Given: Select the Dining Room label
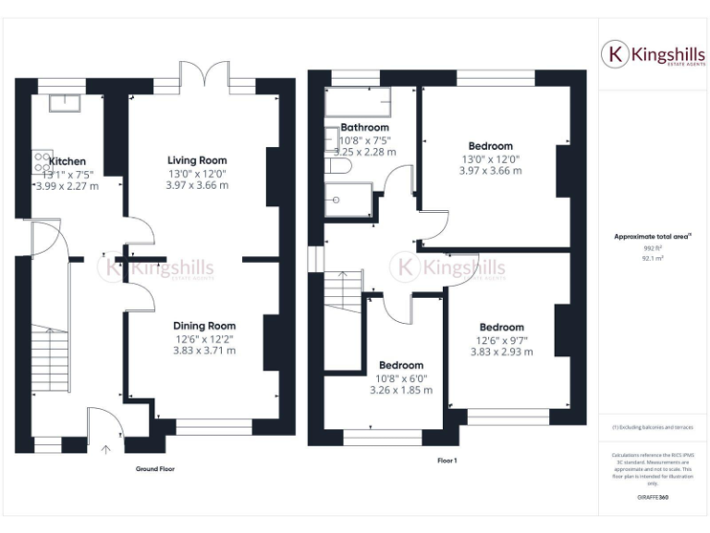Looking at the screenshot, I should (204, 326).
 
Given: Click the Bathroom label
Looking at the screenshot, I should (364, 128).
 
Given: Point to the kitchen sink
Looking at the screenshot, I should (65, 102).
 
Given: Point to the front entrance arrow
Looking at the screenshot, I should (105, 451).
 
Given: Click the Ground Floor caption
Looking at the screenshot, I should (154, 469).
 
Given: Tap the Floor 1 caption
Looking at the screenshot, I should (447, 460).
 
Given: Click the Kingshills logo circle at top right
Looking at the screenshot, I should (616, 54).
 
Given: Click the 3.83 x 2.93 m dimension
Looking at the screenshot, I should (501, 352).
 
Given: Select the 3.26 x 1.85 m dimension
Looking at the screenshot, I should (401, 390).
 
